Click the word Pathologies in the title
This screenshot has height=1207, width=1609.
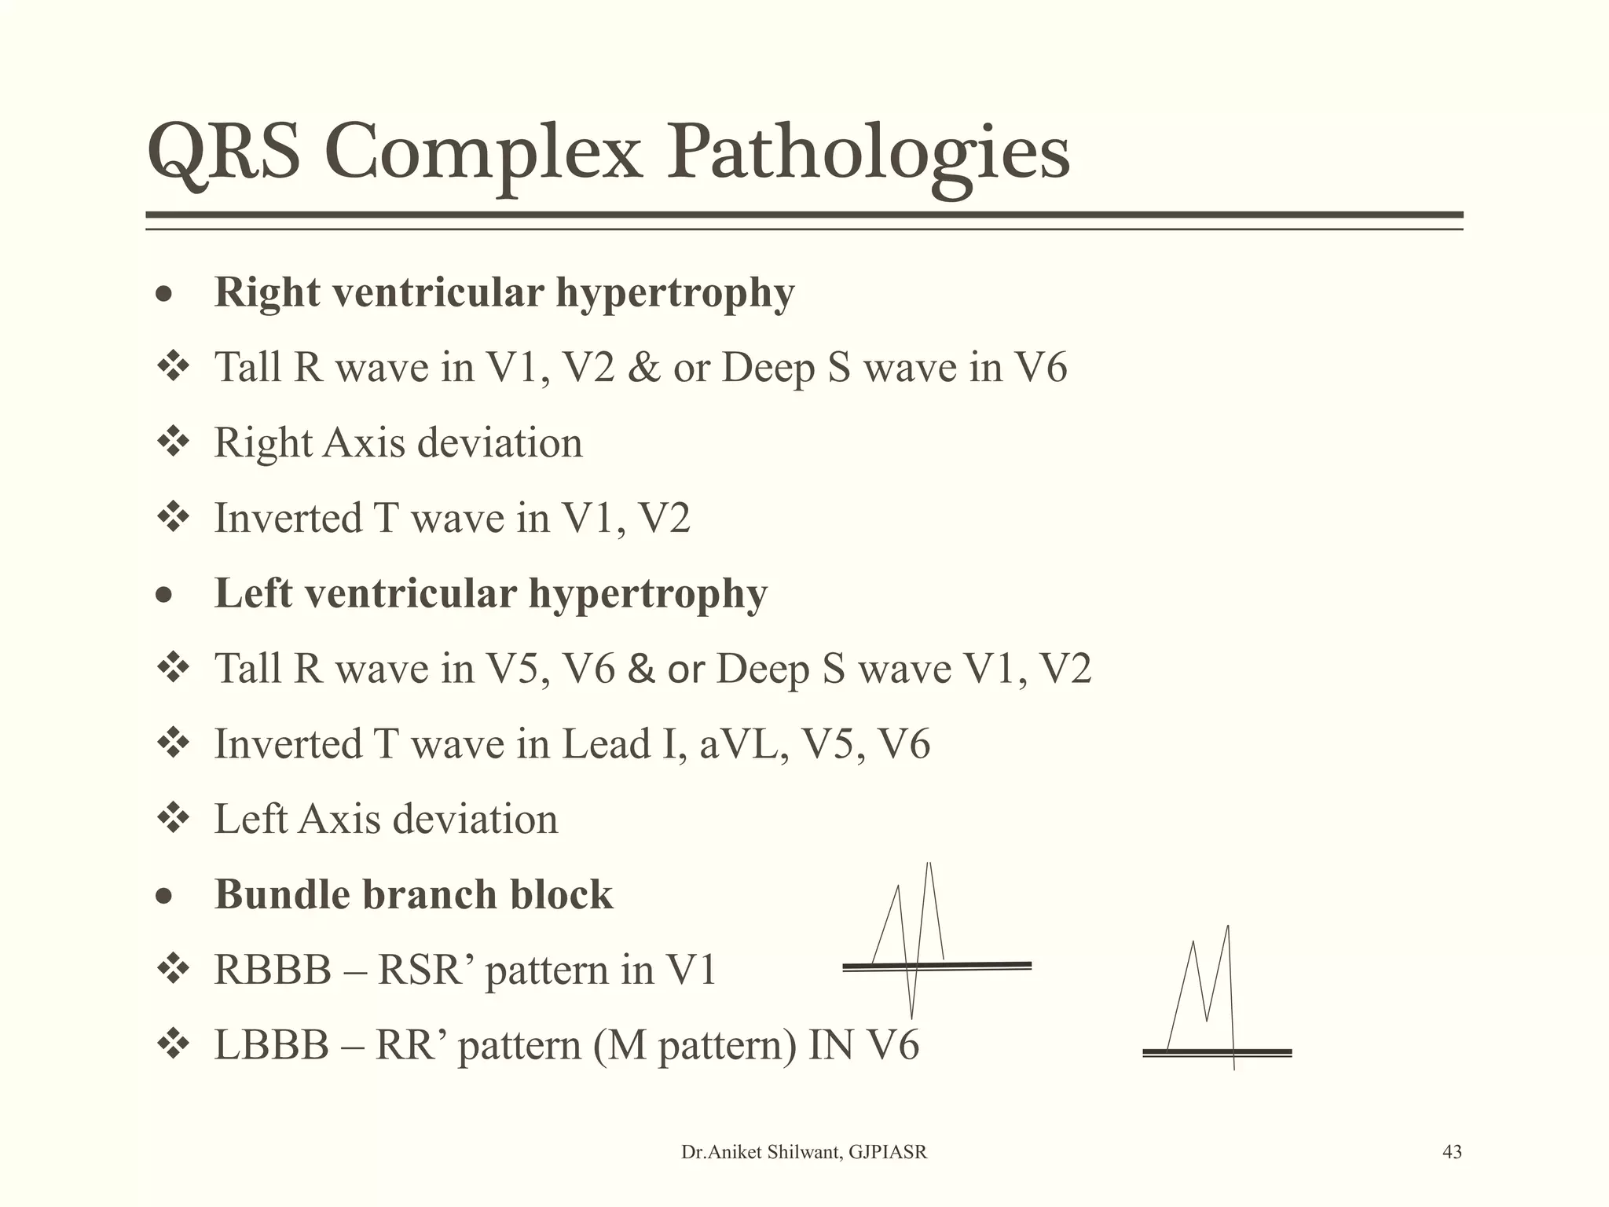coord(868,153)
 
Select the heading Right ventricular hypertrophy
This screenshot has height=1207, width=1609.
coord(504,293)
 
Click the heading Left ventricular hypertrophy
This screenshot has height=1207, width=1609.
coord(491,594)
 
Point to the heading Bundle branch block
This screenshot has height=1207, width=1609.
coord(413,895)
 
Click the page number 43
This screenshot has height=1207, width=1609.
coord(1452,1152)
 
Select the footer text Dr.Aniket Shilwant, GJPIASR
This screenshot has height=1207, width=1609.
coord(804,1152)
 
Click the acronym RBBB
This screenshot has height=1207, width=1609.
coord(273,970)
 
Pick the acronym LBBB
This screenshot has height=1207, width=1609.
coord(271,1046)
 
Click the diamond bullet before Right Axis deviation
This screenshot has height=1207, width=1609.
coord(174,442)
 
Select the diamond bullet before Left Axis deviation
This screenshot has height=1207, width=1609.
coord(174,818)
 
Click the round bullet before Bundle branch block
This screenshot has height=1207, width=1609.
coord(163,896)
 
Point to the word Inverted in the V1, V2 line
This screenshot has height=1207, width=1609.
coord(288,519)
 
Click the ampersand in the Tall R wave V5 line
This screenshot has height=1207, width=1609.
coord(641,670)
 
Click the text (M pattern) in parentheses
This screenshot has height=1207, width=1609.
coord(695,1046)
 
